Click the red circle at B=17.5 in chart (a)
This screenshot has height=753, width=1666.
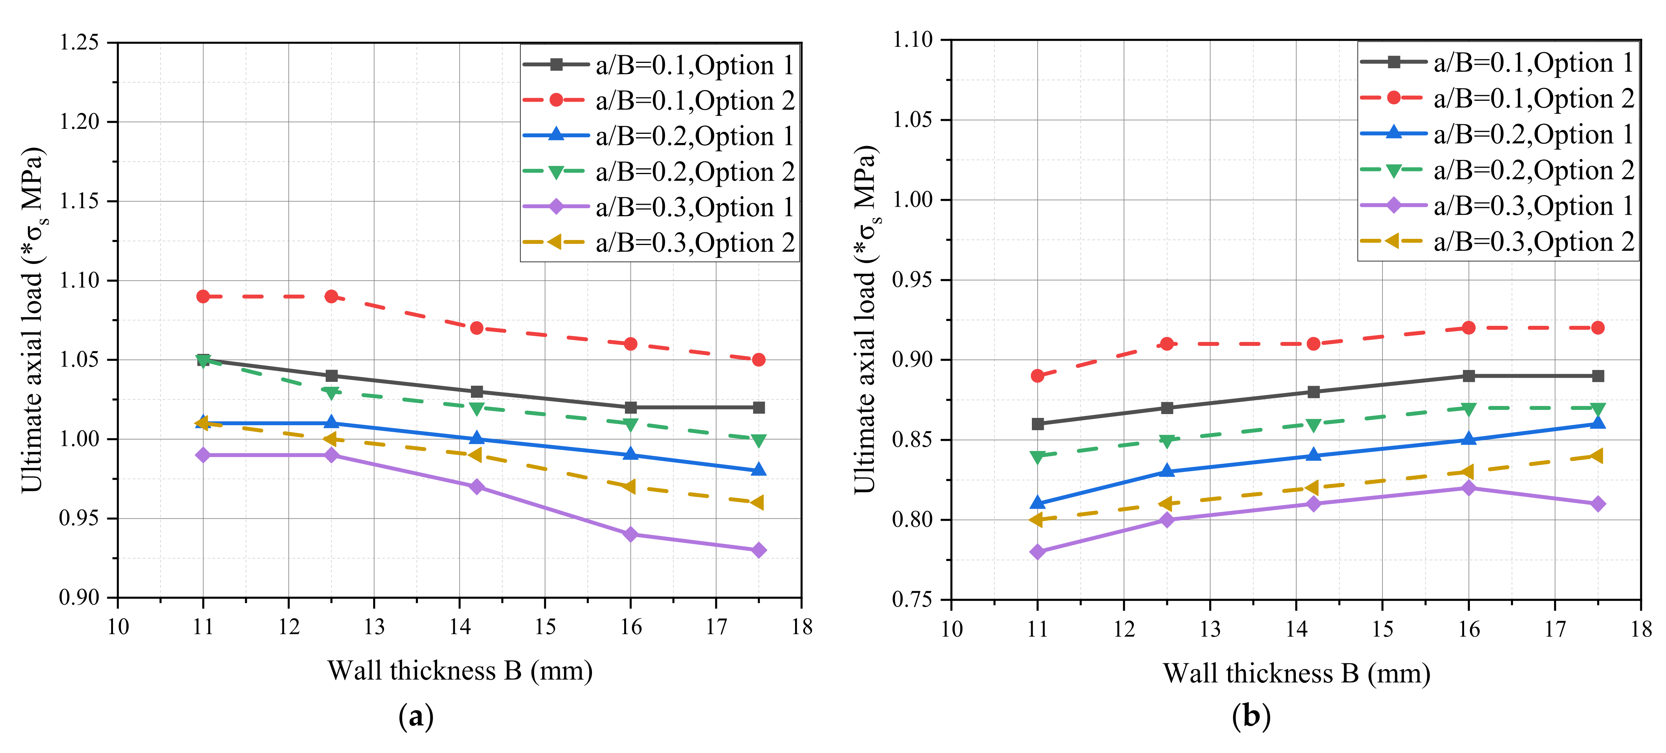tap(759, 360)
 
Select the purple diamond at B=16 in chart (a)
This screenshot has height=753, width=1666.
tap(631, 534)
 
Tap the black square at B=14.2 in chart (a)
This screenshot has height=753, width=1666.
tap(477, 391)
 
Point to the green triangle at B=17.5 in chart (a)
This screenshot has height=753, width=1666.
tap(759, 440)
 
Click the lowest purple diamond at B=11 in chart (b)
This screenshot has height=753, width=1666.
tap(1037, 552)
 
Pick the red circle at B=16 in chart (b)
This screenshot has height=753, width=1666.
tap(1468, 328)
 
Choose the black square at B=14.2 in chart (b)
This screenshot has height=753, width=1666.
tap(1313, 392)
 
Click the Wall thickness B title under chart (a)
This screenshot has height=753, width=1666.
tap(460, 671)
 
